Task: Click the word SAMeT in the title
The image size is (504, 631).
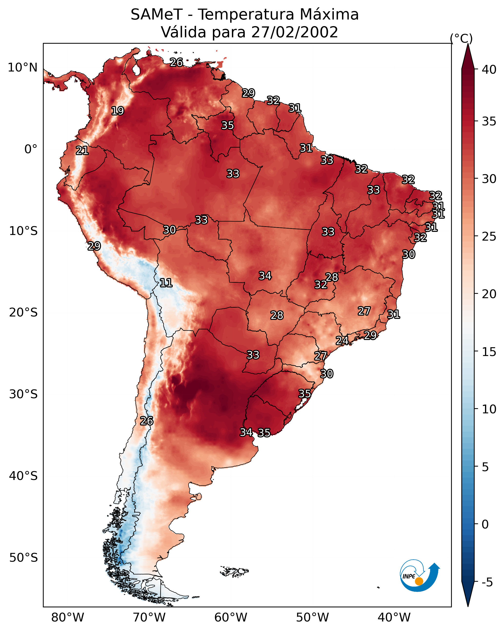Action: [x=157, y=15]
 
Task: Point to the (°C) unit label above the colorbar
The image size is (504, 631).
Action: [x=461, y=38]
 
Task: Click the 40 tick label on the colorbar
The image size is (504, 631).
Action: [x=489, y=70]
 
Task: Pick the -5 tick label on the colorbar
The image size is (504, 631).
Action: [x=487, y=582]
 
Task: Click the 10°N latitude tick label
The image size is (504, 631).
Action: [x=22, y=68]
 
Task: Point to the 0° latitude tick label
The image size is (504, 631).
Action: [x=31, y=149]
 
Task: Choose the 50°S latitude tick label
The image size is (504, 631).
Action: [x=23, y=558]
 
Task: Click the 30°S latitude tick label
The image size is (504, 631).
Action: [x=23, y=394]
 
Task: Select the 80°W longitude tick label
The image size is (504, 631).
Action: [x=68, y=618]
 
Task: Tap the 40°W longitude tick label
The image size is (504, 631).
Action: [x=394, y=618]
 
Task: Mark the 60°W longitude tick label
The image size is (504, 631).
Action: [x=231, y=618]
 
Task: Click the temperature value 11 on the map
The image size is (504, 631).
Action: [x=166, y=283]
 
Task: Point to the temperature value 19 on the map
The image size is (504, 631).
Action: [x=118, y=111]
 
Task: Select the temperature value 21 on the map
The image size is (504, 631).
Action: [x=82, y=151]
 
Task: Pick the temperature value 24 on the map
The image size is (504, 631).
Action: [x=342, y=340]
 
